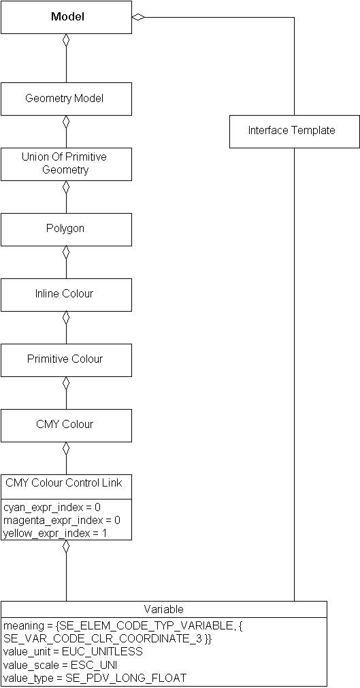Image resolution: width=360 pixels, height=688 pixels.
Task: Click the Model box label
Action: (x=67, y=17)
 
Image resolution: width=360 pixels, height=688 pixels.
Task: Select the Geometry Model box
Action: (x=66, y=99)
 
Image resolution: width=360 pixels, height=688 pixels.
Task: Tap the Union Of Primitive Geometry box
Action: (x=66, y=164)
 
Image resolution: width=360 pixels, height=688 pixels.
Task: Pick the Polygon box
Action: (x=66, y=229)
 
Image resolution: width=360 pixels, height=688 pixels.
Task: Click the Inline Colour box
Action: (x=66, y=294)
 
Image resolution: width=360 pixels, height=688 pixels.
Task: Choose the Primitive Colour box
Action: (x=66, y=359)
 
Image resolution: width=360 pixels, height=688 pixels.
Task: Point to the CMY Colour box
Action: (x=66, y=425)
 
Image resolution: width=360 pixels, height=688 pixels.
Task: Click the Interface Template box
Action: (x=294, y=131)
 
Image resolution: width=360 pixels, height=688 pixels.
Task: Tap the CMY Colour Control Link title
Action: (x=64, y=483)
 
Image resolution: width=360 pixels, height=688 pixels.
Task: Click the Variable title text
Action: (x=163, y=609)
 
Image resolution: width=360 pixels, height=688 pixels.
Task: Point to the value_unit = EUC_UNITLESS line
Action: (x=73, y=651)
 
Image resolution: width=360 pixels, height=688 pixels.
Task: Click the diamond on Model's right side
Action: (x=138, y=17)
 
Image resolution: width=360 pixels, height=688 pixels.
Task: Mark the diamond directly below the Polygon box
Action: (x=66, y=252)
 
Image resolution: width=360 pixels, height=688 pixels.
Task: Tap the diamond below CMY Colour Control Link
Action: (x=66, y=547)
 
